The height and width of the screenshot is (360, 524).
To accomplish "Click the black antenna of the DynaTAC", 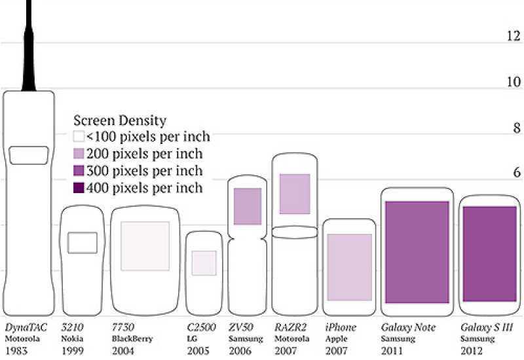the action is [x=29, y=46].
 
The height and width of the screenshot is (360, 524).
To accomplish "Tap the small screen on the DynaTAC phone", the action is [x=29, y=155].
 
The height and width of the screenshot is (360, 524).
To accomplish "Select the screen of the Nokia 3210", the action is [x=83, y=243].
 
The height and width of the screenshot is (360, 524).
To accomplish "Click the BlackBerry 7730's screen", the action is [x=145, y=246].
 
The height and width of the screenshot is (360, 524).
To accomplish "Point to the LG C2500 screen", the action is [x=204, y=263].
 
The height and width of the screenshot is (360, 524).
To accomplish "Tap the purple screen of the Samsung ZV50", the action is [x=248, y=206].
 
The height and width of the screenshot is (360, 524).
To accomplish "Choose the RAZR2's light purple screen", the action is [x=295, y=194].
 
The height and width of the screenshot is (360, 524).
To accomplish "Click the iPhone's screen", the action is [x=350, y=267].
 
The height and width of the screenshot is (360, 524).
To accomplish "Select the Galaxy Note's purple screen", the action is [x=417, y=252].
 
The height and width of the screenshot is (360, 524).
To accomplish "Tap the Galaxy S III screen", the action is [x=490, y=254].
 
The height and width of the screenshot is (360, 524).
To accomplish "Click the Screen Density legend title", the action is [x=120, y=120].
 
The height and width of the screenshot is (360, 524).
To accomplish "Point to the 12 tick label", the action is [x=514, y=36].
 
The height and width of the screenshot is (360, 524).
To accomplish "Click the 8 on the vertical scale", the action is [x=517, y=128].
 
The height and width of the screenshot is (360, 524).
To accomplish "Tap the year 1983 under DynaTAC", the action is [x=16, y=351].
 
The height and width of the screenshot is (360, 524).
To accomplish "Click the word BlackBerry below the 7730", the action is [x=132, y=339].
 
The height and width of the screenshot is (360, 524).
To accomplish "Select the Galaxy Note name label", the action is [x=408, y=327].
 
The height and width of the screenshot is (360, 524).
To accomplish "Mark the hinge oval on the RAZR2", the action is [x=295, y=232].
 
